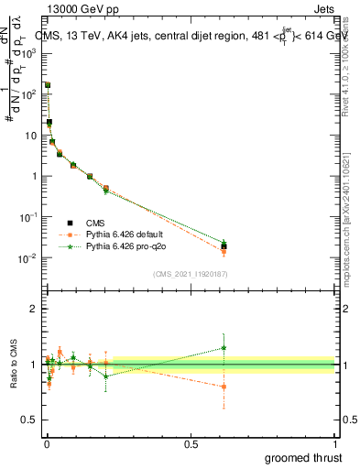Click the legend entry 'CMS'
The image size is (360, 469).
coord(94,222)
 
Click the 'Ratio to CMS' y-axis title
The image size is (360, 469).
coord(13,365)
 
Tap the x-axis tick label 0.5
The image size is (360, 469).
coord(191,443)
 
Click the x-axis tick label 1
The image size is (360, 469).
coord(335,443)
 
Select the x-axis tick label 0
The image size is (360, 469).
coord(46,443)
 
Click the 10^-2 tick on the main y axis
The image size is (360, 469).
coord(29,258)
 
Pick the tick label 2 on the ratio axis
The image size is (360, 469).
coord(33,309)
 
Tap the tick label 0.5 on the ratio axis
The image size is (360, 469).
coord(29,420)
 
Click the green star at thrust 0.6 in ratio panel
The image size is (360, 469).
coord(224,347)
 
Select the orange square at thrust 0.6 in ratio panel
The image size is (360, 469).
coord(224,387)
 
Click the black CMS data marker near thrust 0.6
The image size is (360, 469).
coord(224,246)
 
